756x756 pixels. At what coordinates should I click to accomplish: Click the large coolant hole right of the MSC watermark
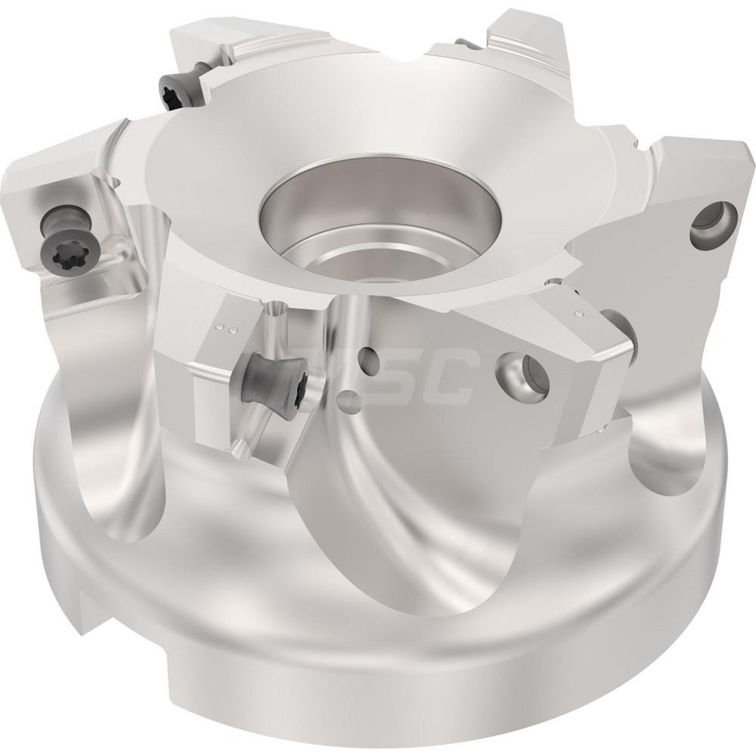click(x=515, y=370)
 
